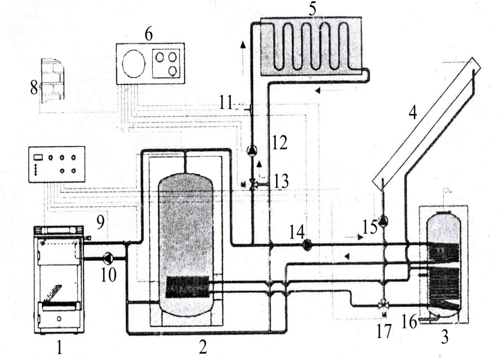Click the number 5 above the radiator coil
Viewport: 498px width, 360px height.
pos(312,9)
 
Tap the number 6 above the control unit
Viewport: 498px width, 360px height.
pos(148,34)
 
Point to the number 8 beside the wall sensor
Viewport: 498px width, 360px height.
pos(34,87)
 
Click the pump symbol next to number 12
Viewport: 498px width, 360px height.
pos(251,149)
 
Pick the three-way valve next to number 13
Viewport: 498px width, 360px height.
pos(254,184)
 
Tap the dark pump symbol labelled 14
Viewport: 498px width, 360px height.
pos(307,245)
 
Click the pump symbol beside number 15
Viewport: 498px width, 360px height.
pos(384,220)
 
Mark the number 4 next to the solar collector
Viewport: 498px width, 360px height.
pos(412,113)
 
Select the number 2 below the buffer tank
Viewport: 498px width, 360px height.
pos(203,347)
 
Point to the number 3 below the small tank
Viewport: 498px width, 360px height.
pos(445,336)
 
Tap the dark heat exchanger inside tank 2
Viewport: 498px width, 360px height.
pos(187,287)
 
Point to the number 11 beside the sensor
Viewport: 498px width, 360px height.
pos(226,103)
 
